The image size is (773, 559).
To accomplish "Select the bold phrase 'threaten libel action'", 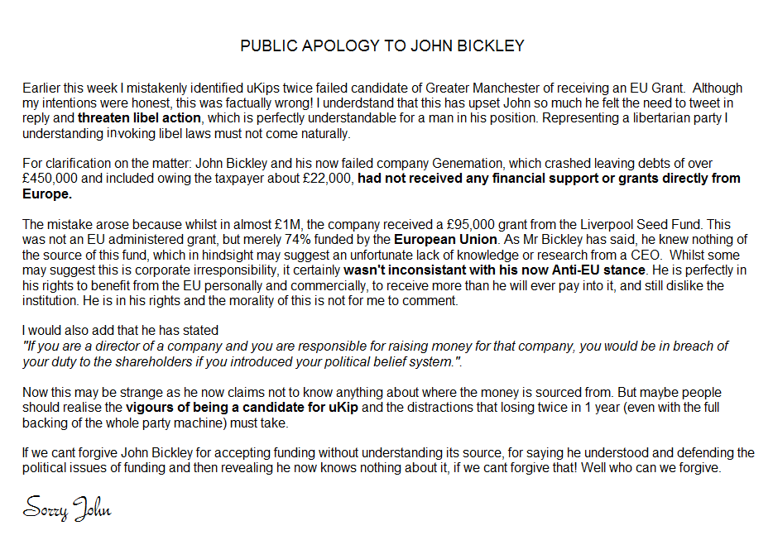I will [140, 117].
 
